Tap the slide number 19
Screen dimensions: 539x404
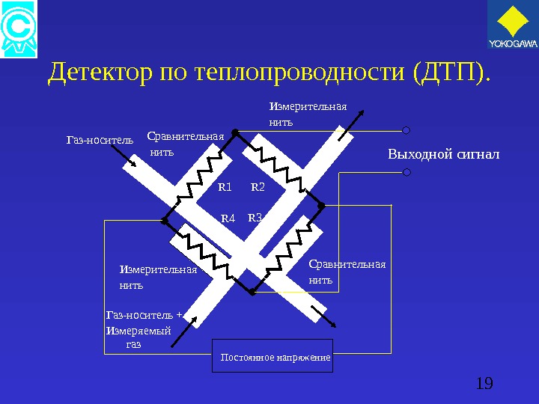484,384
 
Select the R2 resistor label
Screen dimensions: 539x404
258,186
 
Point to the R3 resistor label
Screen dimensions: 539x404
255,218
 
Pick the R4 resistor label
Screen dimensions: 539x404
228,218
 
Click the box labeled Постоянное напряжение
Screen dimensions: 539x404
275,358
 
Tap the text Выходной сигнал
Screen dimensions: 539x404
442,155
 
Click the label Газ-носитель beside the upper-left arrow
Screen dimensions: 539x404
100,139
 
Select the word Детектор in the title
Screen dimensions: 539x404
100,73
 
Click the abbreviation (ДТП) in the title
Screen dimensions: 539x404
450,73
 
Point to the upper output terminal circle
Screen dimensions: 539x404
406,129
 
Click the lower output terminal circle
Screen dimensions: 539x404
406,172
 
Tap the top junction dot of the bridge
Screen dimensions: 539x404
234,132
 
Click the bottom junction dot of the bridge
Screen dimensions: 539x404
252,292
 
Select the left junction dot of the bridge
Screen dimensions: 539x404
164,220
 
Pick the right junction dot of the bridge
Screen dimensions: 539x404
320,204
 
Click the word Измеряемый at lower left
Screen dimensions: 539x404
138,331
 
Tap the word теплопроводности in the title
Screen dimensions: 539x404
299,73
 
